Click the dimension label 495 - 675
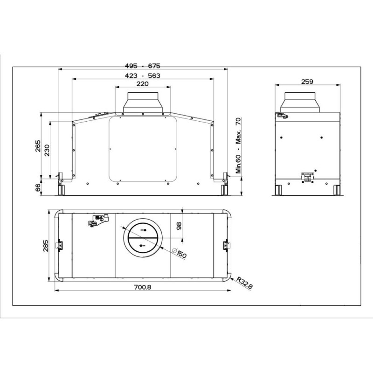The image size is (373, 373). [x=143, y=66]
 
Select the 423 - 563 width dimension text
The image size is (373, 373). [x=143, y=76]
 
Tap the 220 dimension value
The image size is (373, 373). [x=143, y=84]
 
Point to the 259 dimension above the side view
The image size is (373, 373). [x=307, y=82]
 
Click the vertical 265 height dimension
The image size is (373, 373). [x=38, y=146]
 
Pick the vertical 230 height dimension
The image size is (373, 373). [x=47, y=150]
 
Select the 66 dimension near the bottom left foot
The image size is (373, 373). [x=38, y=188]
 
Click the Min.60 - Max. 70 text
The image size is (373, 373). [x=238, y=145]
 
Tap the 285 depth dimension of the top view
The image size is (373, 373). [x=45, y=246]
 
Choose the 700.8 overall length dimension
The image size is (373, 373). [x=143, y=287]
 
